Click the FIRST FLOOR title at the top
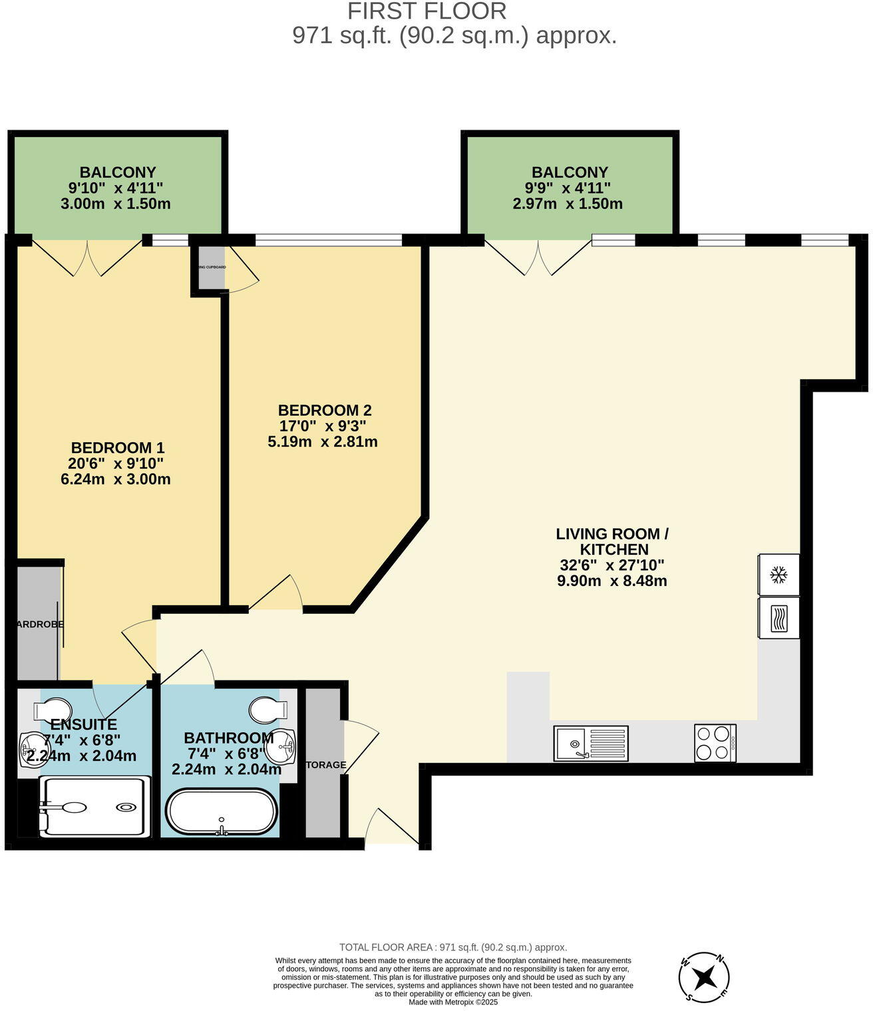[427, 11]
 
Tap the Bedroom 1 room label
[117, 448]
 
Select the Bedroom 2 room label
[324, 410]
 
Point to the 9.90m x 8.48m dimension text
[611, 581]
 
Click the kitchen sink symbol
[590, 743]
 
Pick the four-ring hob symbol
[715, 743]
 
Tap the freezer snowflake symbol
[778, 575]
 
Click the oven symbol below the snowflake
[778, 618]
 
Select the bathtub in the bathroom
[222, 811]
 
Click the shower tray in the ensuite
[94, 807]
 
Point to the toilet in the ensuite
[54, 709]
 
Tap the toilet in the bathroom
[268, 710]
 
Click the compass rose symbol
[704, 978]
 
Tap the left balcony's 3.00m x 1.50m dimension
[116, 204]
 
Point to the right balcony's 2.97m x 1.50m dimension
[568, 204]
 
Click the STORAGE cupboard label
[325, 765]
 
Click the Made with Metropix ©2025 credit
[453, 1002]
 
